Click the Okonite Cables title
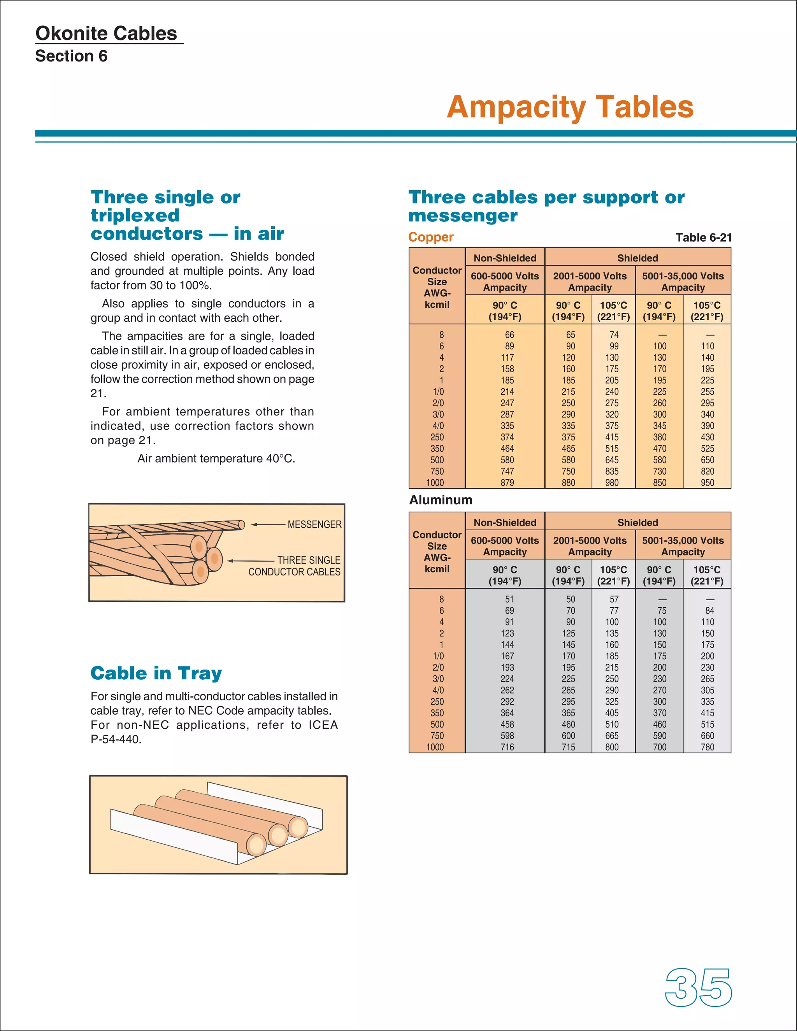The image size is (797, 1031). point(106,33)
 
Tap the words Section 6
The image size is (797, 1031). point(71,56)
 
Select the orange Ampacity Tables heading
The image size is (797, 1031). point(570,107)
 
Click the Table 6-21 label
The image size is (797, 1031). point(703,237)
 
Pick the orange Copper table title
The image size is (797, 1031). point(431,237)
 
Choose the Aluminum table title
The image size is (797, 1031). point(441,500)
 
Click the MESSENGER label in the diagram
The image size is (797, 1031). point(314,524)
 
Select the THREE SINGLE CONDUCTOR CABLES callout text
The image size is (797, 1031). point(295,566)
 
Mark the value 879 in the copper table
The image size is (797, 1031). point(507,483)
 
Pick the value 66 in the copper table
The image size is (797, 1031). point(509,335)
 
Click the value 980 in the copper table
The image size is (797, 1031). point(611,483)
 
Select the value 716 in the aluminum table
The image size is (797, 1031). point(507,747)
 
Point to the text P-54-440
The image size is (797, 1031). point(116,739)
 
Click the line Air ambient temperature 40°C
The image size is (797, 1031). point(216,458)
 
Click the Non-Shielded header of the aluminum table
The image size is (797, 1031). point(505,523)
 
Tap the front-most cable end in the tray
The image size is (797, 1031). point(256,845)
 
